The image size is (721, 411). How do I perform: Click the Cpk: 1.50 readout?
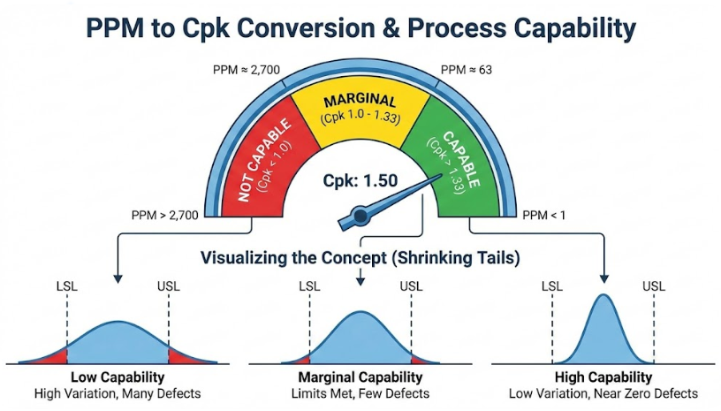coord(359,181)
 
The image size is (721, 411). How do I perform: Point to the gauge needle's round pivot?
coord(360,214)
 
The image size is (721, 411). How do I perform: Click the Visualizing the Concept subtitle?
coord(360,259)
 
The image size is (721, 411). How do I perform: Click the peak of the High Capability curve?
coord(603,298)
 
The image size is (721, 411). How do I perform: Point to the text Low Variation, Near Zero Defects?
coord(604,393)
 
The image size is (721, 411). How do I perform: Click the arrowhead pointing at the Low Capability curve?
coord(117,279)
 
